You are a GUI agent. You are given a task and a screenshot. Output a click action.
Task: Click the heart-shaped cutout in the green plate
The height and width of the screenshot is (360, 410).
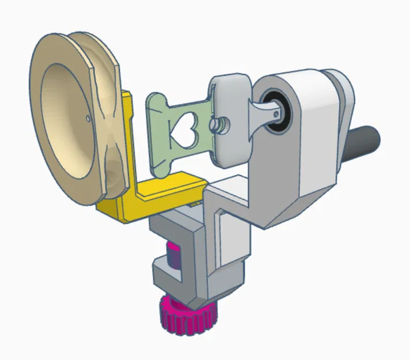[185, 131]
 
